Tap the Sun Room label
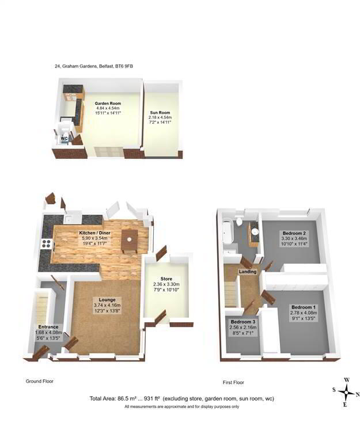[160, 115]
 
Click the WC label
[65, 138]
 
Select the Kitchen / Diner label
[95, 233]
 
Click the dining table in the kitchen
[130, 241]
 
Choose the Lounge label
[107, 300]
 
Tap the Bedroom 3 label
[242, 322]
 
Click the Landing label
[248, 272]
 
